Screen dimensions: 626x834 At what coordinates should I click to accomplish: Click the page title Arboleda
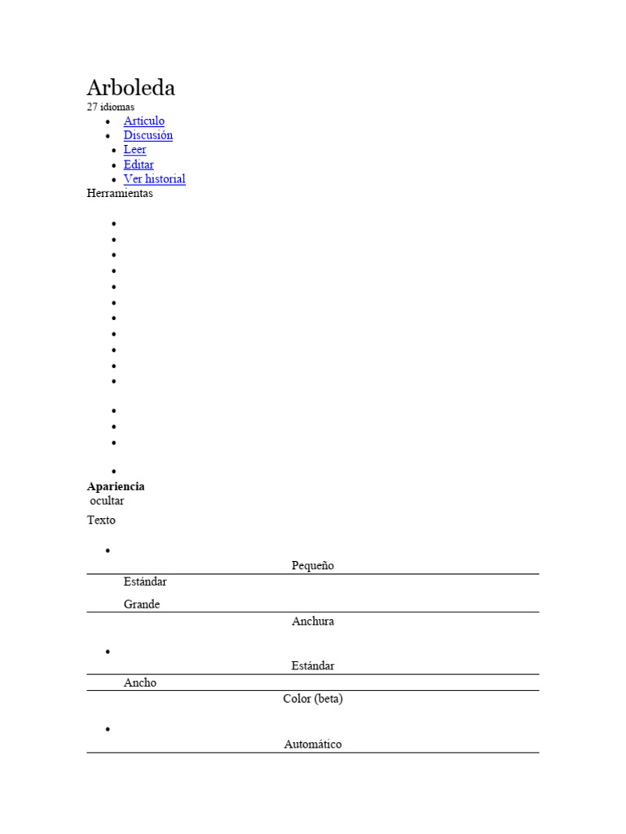click(130, 88)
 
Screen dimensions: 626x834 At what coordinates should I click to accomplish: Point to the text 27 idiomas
click(111, 107)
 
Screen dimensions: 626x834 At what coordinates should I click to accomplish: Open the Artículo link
click(143, 121)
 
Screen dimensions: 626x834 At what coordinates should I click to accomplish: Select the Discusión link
click(148, 135)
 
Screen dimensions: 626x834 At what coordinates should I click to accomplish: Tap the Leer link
click(134, 150)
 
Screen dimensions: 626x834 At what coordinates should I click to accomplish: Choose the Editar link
click(139, 165)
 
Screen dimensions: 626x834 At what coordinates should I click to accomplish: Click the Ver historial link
click(154, 179)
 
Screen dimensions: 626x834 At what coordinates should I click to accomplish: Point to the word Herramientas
click(120, 194)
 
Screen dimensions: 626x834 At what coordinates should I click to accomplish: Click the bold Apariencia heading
click(116, 486)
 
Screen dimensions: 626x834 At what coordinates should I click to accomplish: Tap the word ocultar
click(107, 501)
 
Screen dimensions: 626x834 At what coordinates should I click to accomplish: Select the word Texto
click(101, 520)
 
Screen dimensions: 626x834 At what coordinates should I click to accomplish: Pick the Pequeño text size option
click(313, 565)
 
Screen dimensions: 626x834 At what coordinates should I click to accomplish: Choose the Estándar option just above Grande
click(145, 582)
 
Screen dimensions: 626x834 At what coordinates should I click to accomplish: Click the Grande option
click(142, 604)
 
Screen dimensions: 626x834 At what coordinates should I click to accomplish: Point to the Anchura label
click(313, 621)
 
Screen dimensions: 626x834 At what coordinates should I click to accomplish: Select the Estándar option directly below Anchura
click(313, 665)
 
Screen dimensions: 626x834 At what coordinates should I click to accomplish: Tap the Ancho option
click(140, 683)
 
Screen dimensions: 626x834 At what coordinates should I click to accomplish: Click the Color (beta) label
click(313, 699)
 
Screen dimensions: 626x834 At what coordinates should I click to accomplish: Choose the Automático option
click(313, 744)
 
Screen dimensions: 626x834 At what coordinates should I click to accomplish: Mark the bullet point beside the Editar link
click(109, 165)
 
